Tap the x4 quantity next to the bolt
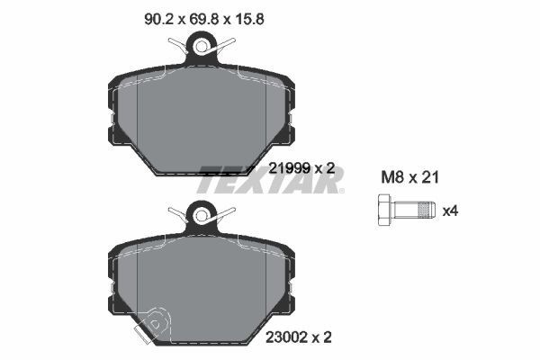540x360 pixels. pyautogui.click(x=452, y=211)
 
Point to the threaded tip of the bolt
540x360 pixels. pyautogui.click(x=430, y=211)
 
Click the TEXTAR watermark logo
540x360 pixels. pyautogui.click(x=270, y=179)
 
